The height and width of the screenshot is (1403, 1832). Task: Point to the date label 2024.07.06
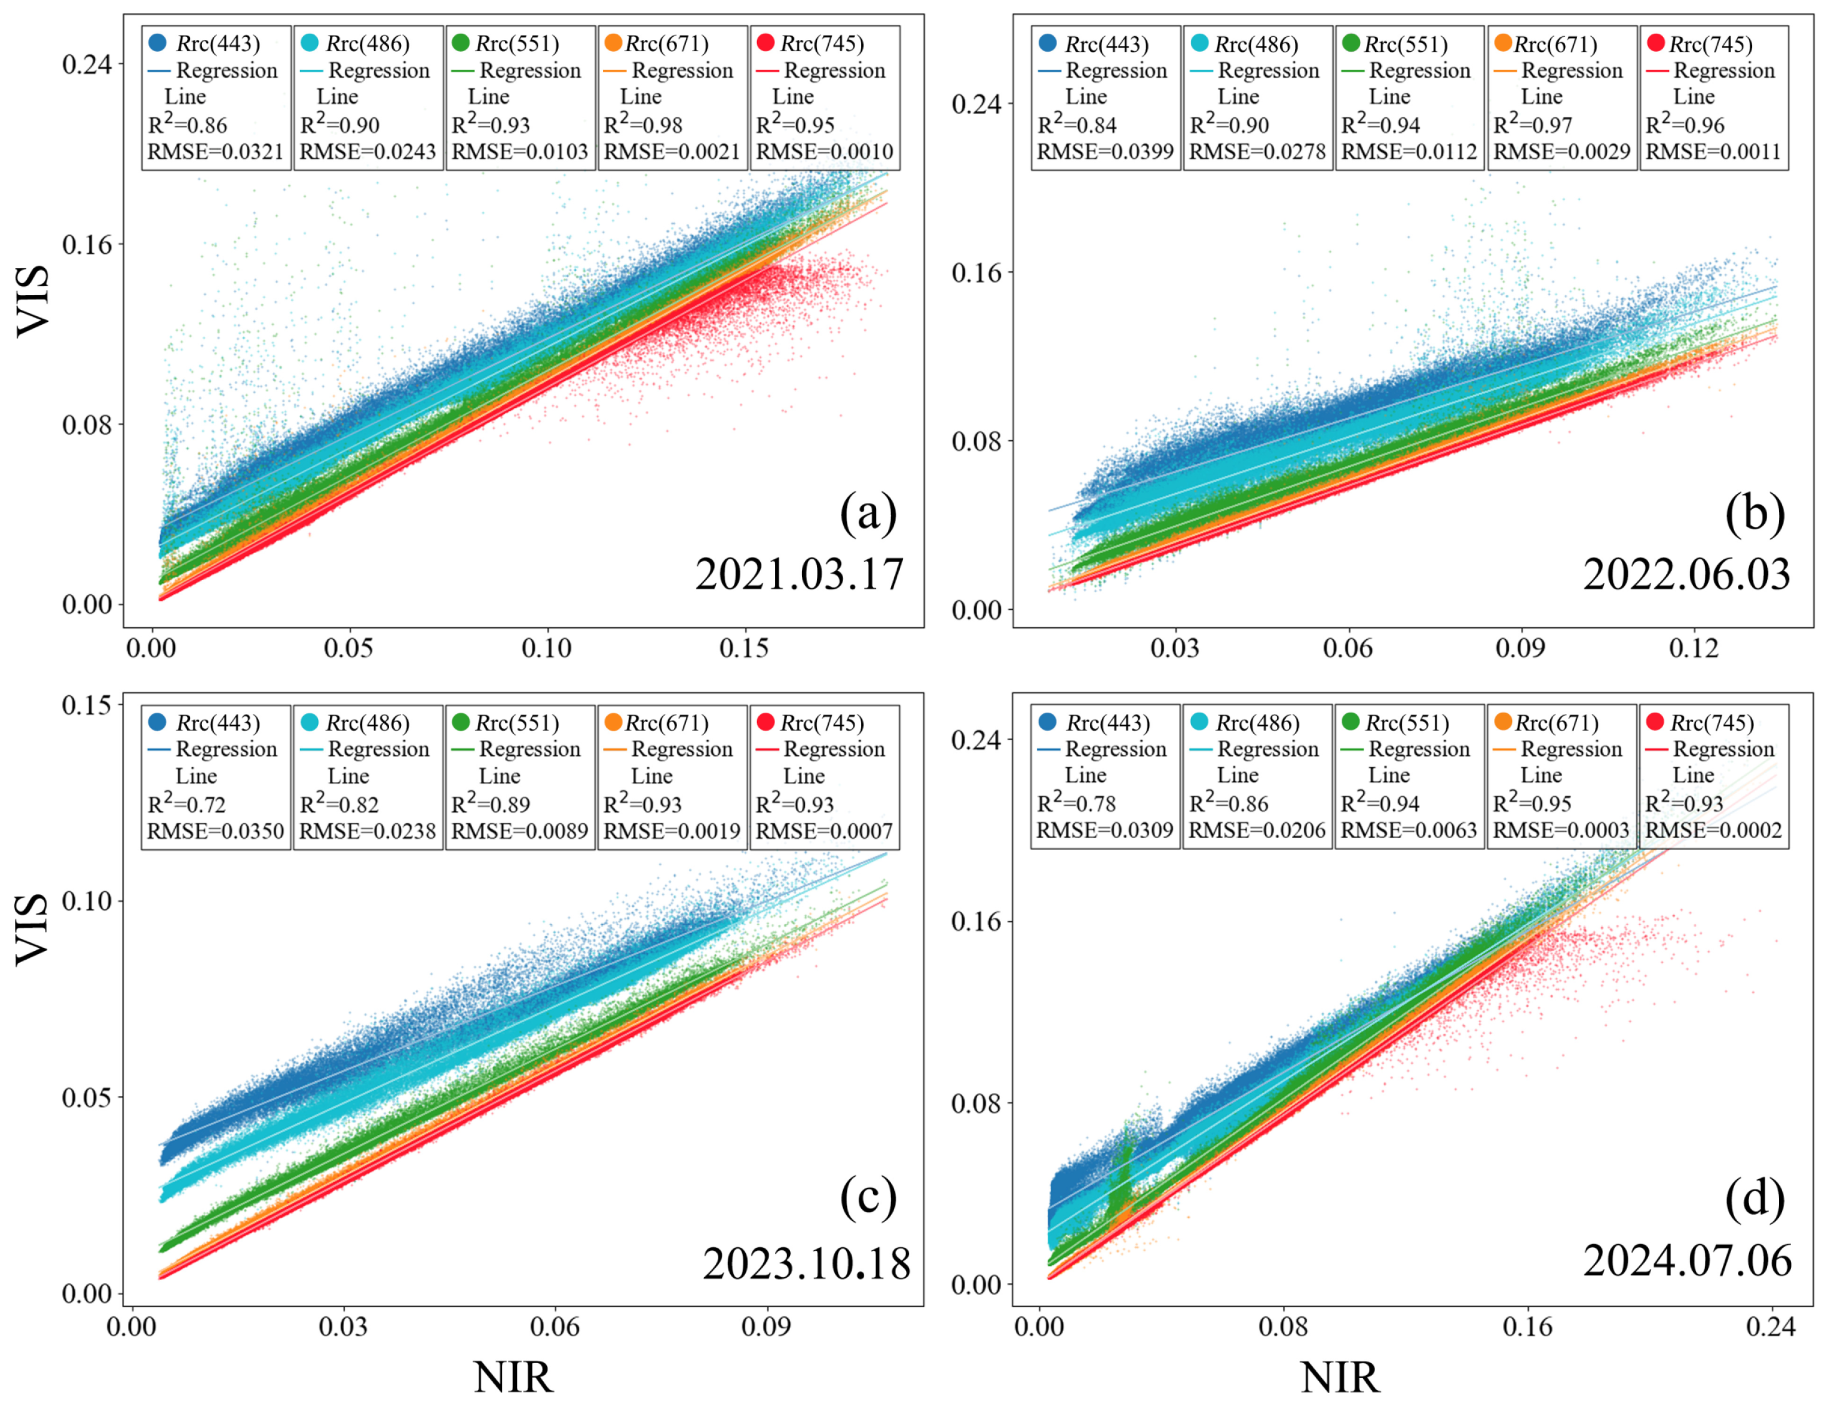click(1687, 1260)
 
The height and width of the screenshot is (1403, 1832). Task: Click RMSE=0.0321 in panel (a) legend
click(215, 152)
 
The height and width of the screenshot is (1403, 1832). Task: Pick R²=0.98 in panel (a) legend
click(643, 125)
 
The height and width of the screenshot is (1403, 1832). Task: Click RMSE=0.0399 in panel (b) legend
click(1105, 152)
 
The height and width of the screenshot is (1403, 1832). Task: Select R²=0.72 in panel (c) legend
click(186, 805)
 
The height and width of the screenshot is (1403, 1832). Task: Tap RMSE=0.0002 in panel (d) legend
click(1713, 831)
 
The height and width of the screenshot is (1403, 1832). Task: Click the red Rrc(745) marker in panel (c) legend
click(765, 721)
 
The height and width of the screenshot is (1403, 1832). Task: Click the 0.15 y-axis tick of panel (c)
click(86, 705)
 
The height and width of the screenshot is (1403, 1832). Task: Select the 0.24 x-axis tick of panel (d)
click(1770, 1327)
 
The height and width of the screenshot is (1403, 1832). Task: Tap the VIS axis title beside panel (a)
click(34, 301)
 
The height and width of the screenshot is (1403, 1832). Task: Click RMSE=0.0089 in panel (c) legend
click(519, 832)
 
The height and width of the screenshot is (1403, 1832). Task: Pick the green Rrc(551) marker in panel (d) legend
click(1350, 721)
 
